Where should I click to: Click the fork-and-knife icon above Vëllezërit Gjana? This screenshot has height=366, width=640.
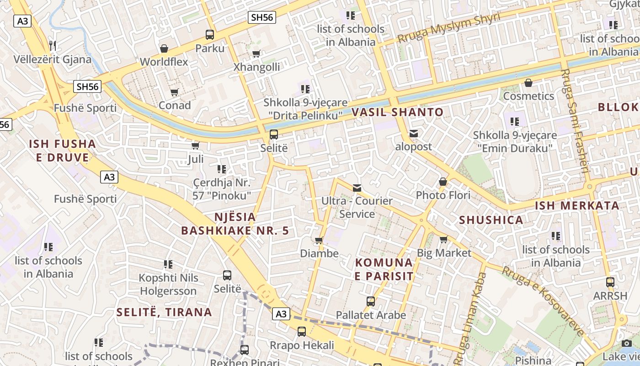point(53,45)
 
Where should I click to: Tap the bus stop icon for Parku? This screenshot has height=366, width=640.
point(210,34)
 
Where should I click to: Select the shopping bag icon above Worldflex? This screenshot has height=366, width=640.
point(164,48)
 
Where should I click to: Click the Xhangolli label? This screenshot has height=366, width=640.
point(256,67)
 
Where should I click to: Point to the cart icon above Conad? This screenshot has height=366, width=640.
point(174,92)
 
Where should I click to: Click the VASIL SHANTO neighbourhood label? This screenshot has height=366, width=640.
point(397,112)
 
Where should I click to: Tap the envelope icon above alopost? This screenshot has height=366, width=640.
point(413,134)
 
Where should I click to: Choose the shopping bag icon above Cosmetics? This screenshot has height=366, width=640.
point(528,83)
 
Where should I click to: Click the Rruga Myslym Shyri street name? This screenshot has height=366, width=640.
point(449,28)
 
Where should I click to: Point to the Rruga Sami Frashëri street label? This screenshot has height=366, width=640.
point(575,121)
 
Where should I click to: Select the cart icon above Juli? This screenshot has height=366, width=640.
point(195,145)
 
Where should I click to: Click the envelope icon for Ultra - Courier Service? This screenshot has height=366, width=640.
point(357,188)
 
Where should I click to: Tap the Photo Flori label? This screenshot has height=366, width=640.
point(443,195)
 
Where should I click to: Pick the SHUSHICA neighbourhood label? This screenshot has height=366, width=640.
point(491,220)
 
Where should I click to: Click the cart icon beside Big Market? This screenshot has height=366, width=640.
point(443,239)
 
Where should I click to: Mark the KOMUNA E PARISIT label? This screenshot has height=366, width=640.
point(384,269)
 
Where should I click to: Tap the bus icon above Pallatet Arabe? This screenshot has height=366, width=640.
point(370,301)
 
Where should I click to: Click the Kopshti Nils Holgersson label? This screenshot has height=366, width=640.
point(168,284)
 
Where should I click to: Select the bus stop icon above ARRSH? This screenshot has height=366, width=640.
point(610,282)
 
